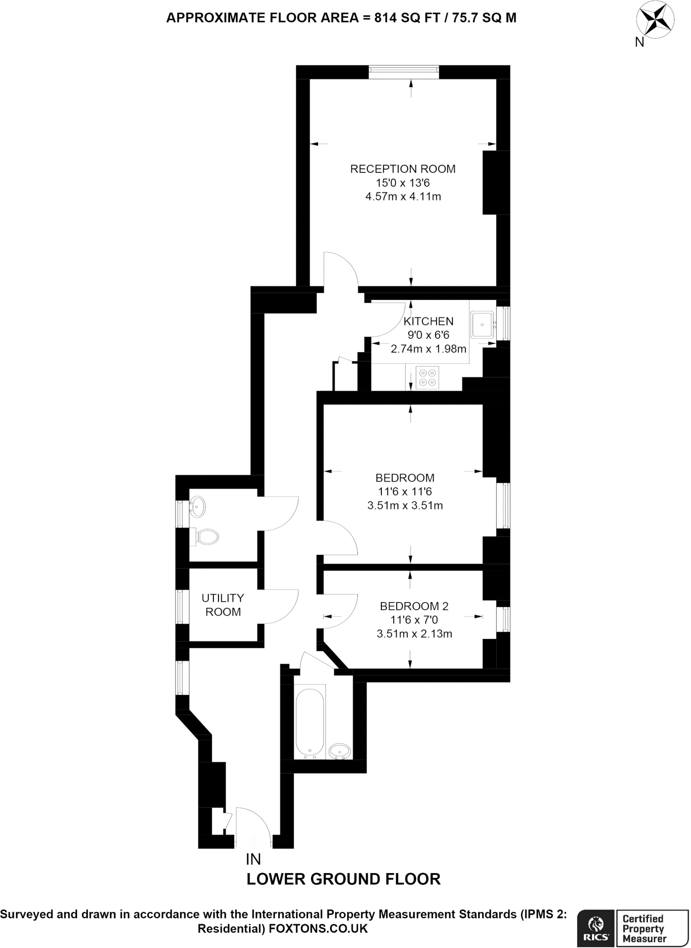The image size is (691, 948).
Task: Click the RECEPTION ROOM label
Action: click(x=403, y=169)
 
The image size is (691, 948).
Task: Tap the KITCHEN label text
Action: click(x=428, y=321)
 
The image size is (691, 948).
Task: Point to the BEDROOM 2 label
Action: click(x=414, y=606)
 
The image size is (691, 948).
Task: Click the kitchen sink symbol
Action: click(x=483, y=324)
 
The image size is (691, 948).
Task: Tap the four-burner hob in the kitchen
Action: click(x=427, y=377)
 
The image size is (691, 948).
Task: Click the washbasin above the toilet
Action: click(x=197, y=507)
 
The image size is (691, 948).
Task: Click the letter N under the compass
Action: click(x=639, y=42)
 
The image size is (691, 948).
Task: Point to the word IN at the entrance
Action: click(x=254, y=859)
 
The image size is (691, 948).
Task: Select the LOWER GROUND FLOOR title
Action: click(x=343, y=879)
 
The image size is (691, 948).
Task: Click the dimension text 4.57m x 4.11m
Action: click(x=403, y=197)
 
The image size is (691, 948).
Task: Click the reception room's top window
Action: click(x=404, y=69)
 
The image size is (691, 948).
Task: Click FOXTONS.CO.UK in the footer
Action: click(x=318, y=928)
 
